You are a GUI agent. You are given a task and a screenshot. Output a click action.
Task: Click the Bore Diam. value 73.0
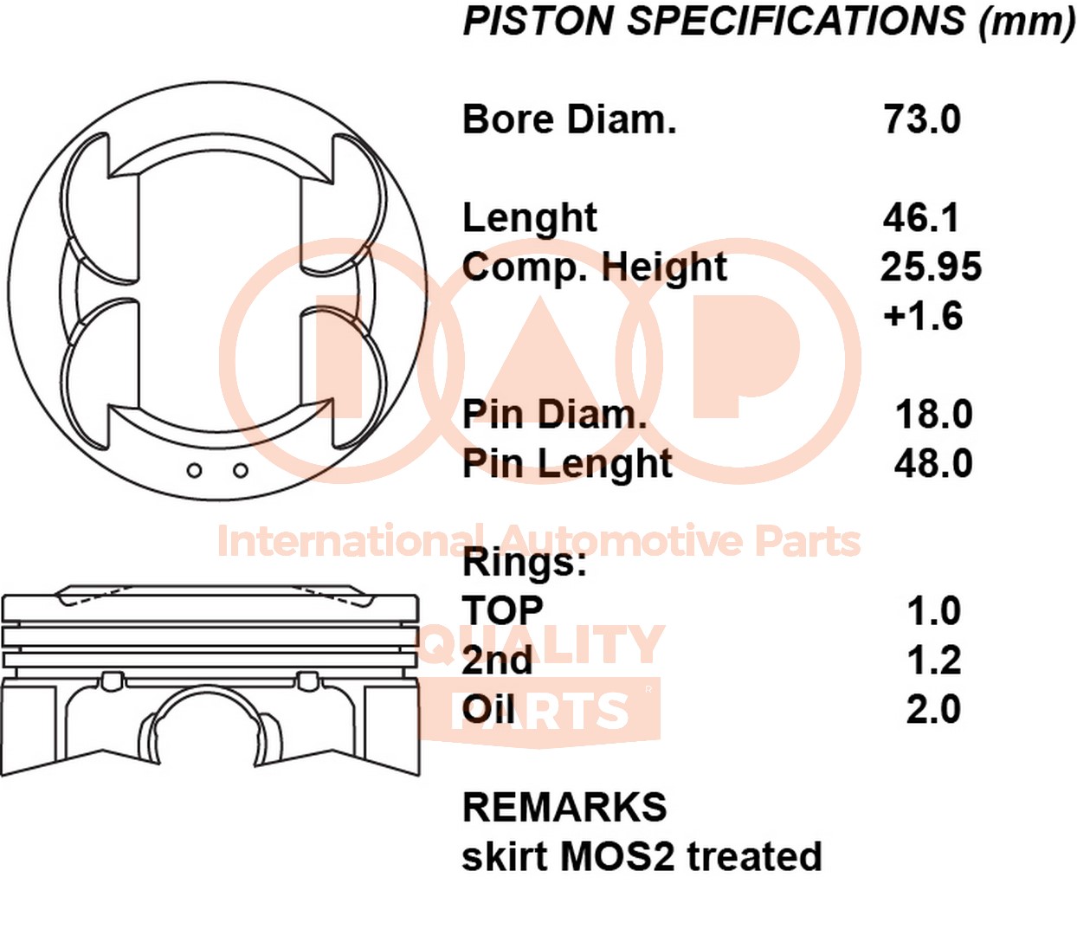click(x=921, y=119)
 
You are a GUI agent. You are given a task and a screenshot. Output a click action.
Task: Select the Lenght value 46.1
click(x=921, y=217)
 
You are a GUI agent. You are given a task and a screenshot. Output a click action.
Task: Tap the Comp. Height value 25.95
click(x=931, y=267)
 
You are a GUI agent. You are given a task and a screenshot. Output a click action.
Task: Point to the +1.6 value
click(x=922, y=316)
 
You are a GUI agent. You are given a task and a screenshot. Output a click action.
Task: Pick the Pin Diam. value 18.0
click(x=933, y=415)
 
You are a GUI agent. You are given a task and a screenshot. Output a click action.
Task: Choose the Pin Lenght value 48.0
click(x=933, y=464)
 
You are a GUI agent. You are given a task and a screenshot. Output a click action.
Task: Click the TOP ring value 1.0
click(x=933, y=611)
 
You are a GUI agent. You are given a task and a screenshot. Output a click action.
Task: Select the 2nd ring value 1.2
click(x=933, y=661)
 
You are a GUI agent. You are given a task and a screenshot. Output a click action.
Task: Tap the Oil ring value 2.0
click(x=933, y=710)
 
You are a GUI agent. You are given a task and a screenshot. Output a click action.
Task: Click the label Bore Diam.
click(x=569, y=119)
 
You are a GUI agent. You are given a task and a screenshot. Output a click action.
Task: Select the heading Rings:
click(x=525, y=563)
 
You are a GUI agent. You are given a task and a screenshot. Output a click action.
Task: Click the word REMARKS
click(x=564, y=808)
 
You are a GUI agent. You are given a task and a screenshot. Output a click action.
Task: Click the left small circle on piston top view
click(x=195, y=470)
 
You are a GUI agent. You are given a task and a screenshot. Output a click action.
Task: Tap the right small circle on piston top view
click(x=241, y=470)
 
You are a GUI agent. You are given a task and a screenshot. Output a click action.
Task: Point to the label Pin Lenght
click(x=567, y=465)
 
